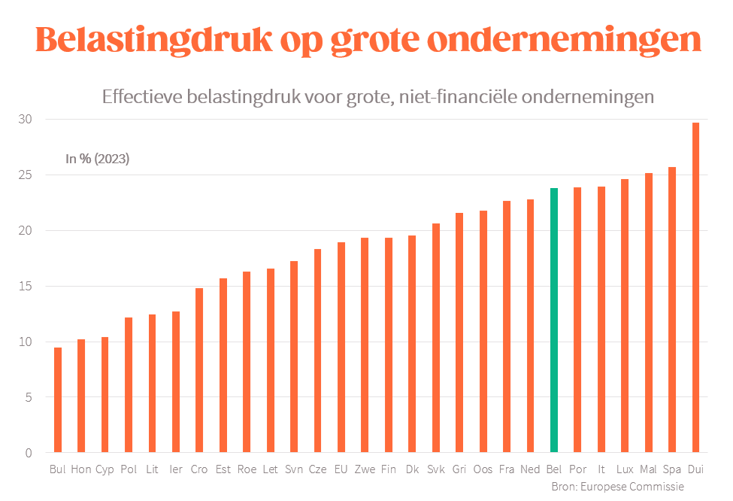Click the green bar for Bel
[554, 320]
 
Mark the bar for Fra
[507, 326]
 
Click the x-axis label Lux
[625, 469]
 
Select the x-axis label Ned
[530, 469]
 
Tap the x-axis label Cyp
[104, 469]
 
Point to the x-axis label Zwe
[365, 469]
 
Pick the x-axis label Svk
[435, 469]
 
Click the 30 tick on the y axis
[26, 120]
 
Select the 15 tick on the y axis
[26, 287]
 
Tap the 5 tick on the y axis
[29, 397]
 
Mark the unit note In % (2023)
[98, 159]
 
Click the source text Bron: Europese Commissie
[617, 487]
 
